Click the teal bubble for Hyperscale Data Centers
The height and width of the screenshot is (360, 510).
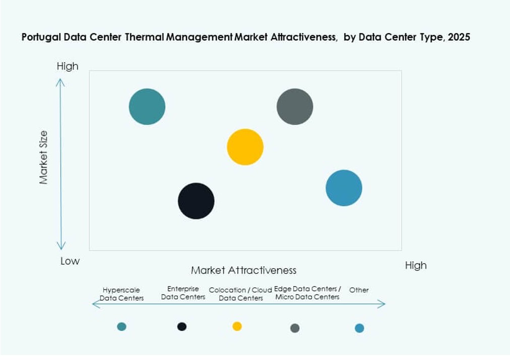(147, 107)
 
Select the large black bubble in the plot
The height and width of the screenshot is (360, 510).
(196, 201)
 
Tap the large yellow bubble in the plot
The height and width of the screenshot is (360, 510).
(245, 147)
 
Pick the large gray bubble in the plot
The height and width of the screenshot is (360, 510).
(295, 107)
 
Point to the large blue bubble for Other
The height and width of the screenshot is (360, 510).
(344, 188)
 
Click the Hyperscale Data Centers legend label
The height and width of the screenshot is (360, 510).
(121, 294)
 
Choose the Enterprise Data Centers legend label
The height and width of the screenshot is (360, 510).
(183, 293)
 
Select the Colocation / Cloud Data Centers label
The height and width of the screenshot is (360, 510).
(241, 294)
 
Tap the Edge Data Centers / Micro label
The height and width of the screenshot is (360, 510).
(307, 293)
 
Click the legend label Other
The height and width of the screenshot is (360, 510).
(359, 290)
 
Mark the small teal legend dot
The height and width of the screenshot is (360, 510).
(121, 327)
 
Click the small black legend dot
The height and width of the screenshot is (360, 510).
(182, 327)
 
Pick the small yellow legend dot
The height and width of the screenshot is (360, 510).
(237, 326)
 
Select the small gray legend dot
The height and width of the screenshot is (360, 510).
(295, 328)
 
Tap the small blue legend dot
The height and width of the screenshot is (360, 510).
(359, 328)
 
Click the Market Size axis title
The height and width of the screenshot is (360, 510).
(44, 157)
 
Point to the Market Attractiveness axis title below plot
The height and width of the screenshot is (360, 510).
(243, 270)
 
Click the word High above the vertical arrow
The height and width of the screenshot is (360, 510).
(68, 66)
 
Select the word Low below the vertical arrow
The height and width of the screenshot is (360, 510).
(70, 261)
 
